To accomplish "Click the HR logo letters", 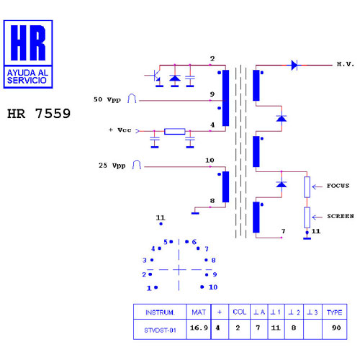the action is pos(28,42).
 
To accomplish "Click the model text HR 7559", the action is pos(39,114).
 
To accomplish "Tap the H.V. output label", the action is pos(346,64).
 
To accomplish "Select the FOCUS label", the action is pos(338,186).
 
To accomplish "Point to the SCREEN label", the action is pos(341,216).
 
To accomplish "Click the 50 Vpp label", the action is pos(107,99).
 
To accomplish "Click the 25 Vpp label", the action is pos(112,166).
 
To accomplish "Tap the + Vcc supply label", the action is pos(120,130).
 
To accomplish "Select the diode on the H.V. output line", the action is pos(294,65).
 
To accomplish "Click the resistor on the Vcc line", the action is pos(175,131).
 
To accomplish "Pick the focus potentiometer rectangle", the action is pos(307,187).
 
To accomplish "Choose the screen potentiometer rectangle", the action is pos(307,217).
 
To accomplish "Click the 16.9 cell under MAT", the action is pos(199,328).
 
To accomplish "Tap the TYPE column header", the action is pos(334,312).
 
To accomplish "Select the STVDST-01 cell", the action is pos(160,330).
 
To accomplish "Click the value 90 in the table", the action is pos(336,328).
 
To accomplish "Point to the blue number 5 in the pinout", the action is pos(166,242).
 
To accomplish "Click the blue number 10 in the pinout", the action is pos(213,287).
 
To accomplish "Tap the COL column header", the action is pos(240,312).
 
